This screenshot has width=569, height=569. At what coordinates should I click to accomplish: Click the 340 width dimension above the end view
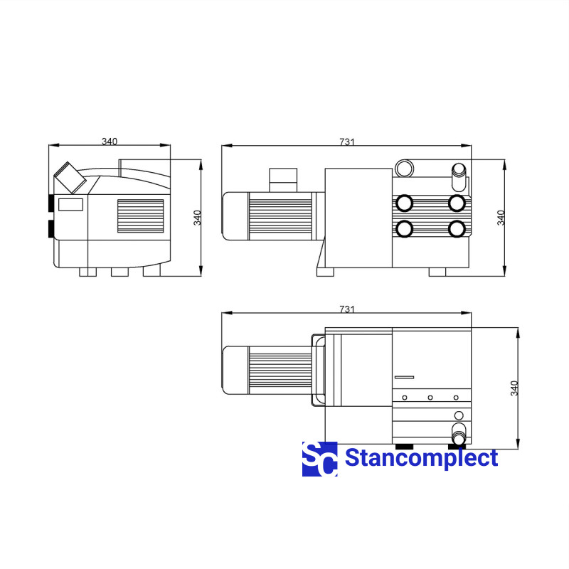click(x=110, y=141)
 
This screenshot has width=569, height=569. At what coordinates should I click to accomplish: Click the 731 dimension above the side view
click(x=346, y=142)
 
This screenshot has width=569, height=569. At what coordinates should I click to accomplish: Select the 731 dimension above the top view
click(x=346, y=309)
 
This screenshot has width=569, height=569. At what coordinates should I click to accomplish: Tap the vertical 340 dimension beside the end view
click(x=197, y=218)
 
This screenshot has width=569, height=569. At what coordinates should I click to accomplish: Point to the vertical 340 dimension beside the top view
click(x=514, y=388)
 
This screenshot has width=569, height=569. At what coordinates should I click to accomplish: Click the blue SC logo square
click(x=319, y=459)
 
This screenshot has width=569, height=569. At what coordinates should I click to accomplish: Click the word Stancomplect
click(x=421, y=458)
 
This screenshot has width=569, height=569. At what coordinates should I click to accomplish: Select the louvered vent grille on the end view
click(x=140, y=216)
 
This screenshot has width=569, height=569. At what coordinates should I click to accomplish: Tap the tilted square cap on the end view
click(x=70, y=178)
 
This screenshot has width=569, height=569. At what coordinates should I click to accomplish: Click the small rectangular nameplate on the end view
click(x=70, y=205)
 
